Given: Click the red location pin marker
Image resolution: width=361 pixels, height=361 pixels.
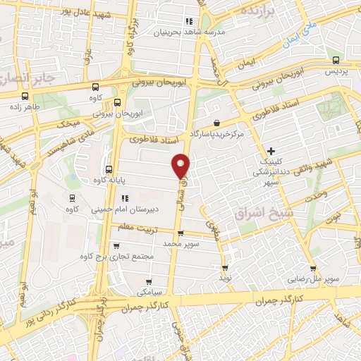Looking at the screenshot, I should pyautogui.click(x=181, y=165).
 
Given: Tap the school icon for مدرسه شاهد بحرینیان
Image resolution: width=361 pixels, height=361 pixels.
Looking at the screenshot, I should pyautogui.click(x=188, y=21).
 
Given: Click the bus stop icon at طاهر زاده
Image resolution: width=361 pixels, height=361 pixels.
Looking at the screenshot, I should pyautogui.click(x=25, y=97).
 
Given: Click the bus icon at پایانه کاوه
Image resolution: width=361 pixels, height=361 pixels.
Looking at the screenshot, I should pyautogui.click(x=108, y=169).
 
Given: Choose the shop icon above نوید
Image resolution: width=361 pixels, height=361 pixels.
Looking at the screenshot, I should pyautogui.click(x=225, y=268).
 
